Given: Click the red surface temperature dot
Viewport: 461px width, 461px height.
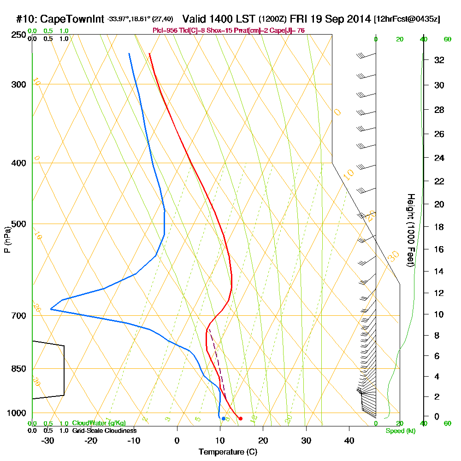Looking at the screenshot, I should [240, 419].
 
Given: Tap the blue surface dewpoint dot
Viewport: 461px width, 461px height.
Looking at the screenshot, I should [224, 419].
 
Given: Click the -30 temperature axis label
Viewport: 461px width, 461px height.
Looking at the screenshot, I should [48, 440].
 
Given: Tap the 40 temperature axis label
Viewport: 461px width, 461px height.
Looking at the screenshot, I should [349, 440].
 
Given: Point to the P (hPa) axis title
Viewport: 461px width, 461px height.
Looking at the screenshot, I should [7, 239].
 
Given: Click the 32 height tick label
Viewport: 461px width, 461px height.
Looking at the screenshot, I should [439, 60].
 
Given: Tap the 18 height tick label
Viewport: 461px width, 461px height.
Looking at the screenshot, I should [439, 227].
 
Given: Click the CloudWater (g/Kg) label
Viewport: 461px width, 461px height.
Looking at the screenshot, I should [99, 423].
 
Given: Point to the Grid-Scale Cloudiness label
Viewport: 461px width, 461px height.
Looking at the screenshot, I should [104, 431].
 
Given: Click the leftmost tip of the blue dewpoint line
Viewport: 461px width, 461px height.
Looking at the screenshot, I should [50, 309].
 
